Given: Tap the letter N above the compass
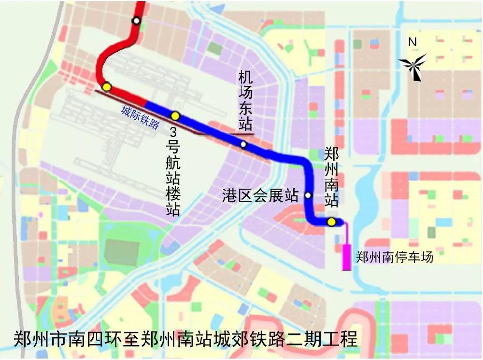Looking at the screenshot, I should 412,42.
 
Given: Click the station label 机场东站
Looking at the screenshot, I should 245,102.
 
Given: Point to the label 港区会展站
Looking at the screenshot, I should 260,195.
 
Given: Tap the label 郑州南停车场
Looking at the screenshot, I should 394,257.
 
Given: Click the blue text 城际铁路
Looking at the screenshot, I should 140,117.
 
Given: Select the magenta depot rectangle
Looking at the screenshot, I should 346,257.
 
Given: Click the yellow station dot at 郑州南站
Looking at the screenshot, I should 331,222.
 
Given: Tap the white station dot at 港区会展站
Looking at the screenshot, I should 308,195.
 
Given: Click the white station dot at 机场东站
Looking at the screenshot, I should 243,144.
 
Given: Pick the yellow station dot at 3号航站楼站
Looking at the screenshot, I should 175,116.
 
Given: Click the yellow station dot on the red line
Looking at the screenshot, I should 107,87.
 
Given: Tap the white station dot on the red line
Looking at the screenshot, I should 137,21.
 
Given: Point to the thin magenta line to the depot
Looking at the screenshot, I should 347,234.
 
